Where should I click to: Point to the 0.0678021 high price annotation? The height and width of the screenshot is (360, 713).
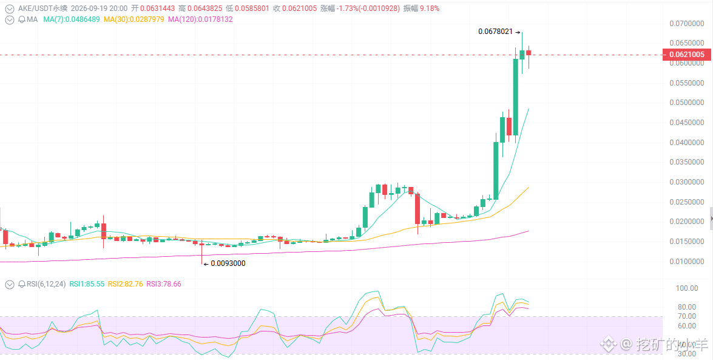(495, 32)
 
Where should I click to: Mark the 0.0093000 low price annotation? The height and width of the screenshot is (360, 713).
(228, 263)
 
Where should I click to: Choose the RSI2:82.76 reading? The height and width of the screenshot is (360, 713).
(124, 284)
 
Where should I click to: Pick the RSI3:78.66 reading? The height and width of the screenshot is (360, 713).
(164, 284)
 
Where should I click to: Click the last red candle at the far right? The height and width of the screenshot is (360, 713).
(529, 53)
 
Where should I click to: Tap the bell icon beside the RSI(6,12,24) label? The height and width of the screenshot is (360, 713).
(22, 284)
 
